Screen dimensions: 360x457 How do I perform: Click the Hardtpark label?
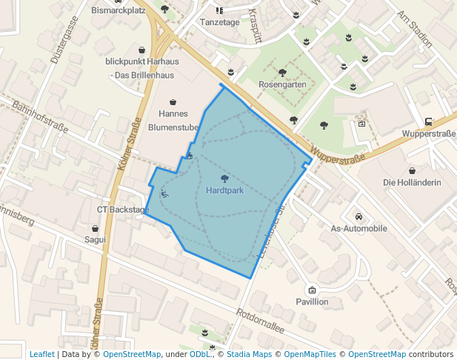click(224, 190)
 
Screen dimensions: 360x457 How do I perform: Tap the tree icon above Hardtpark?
click(224, 178)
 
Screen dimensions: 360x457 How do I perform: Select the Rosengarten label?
click(282, 84)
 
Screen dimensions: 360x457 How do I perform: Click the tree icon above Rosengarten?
click(282, 73)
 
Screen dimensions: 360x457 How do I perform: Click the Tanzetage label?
click(219, 22)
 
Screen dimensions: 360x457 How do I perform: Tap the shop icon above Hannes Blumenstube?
click(173, 101)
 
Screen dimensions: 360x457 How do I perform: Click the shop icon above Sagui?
click(95, 228)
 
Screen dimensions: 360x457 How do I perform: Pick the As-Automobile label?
click(358, 229)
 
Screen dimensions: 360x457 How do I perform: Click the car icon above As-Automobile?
click(358, 217)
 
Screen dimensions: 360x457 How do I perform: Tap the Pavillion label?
click(312, 301)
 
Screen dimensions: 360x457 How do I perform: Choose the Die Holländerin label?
click(412, 182)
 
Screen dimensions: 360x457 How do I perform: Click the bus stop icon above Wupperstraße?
click(428, 122)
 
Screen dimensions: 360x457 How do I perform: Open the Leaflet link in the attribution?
click(42, 354)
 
